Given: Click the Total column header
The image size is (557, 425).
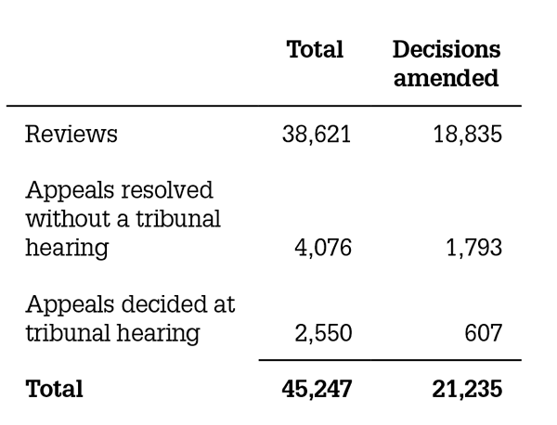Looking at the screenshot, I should point(315,49).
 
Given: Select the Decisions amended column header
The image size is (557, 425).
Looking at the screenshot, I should point(447,63).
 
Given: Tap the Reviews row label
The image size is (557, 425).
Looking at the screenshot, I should point(71,135).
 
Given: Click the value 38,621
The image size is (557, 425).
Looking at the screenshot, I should point(316,135).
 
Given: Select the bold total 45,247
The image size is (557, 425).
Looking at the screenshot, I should point(316,389).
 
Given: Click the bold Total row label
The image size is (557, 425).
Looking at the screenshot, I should point(54,389).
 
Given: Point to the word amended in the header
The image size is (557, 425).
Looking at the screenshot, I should point(447,78).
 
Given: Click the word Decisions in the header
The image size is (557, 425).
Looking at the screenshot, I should point(447,49).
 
